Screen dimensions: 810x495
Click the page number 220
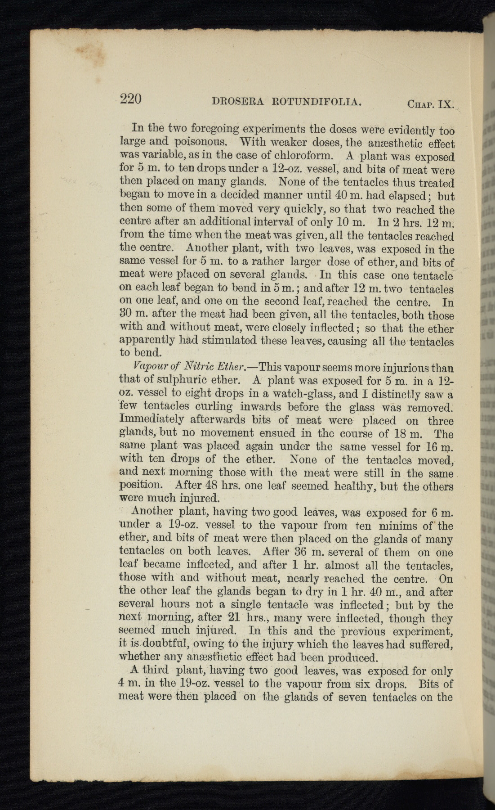[x=131, y=99]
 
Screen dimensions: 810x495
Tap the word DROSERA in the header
[x=236, y=102]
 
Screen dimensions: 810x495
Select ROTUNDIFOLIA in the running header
[x=317, y=102]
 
